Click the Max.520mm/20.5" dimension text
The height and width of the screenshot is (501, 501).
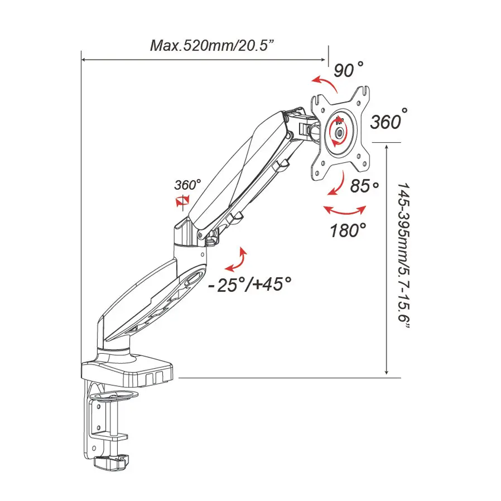(213, 46)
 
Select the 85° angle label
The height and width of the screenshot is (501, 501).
(364, 187)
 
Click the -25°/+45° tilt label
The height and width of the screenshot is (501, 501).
(250, 284)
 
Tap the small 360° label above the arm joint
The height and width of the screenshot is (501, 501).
(188, 184)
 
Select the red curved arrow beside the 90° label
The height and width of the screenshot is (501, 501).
(322, 83)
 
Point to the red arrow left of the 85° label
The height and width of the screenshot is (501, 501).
(336, 185)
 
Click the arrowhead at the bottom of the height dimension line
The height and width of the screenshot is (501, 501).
(385, 372)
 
